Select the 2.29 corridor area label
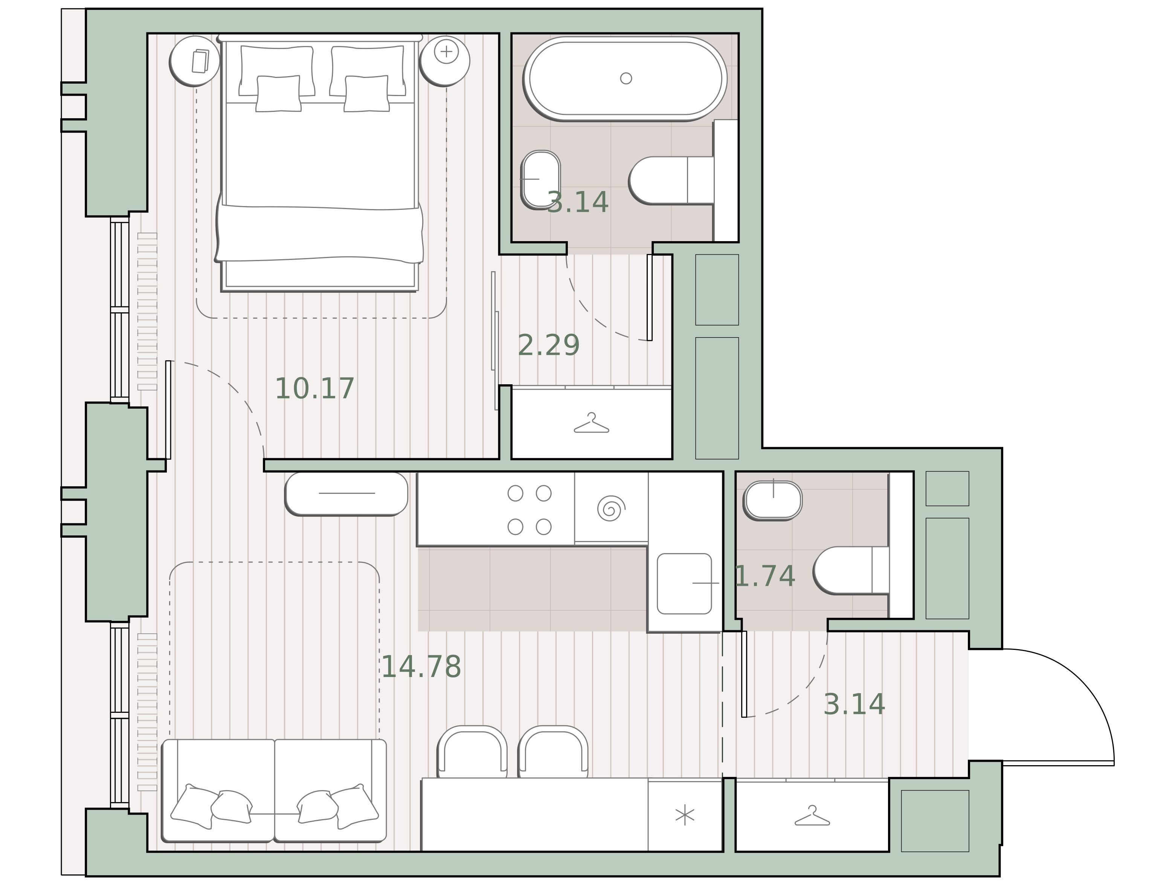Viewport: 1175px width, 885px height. click(x=549, y=345)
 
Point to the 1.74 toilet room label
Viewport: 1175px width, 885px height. click(x=765, y=576)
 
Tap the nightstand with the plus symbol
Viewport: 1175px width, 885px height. click(x=445, y=61)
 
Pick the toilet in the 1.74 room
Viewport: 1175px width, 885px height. click(x=851, y=570)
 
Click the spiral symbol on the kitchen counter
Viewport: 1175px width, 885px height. click(x=611, y=509)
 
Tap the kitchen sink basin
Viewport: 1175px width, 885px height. click(x=684, y=584)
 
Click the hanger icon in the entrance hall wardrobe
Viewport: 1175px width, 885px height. click(x=812, y=816)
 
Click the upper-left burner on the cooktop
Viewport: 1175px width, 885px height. click(x=515, y=493)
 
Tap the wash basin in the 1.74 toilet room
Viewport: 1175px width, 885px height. click(x=773, y=501)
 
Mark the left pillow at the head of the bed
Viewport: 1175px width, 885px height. click(x=277, y=71)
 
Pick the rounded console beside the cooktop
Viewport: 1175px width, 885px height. click(x=346, y=494)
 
